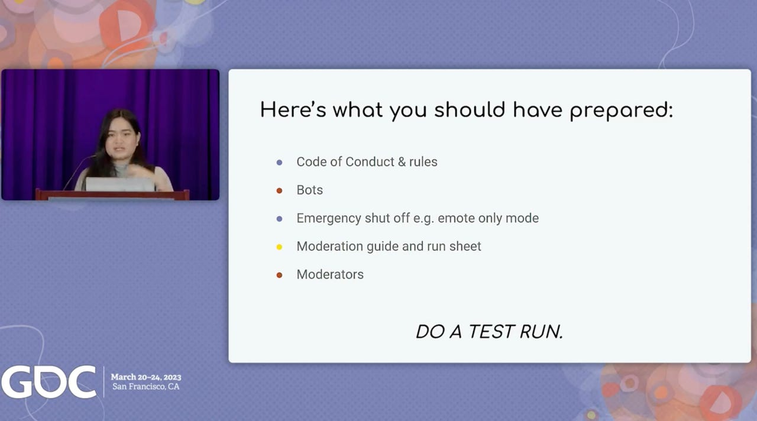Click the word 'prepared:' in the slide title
coord(622,111)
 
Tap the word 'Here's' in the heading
coord(293,109)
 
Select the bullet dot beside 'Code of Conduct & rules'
coord(279,163)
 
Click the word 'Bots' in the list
coord(309,190)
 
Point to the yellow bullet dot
coord(279,247)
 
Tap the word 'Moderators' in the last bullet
coord(330,274)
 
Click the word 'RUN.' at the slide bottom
coord(541,332)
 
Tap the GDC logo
coord(48,382)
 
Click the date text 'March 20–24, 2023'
coord(146,377)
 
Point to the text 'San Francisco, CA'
coord(145,387)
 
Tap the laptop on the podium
coord(120,184)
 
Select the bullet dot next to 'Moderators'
coord(279,275)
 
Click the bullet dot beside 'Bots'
coord(279,191)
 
